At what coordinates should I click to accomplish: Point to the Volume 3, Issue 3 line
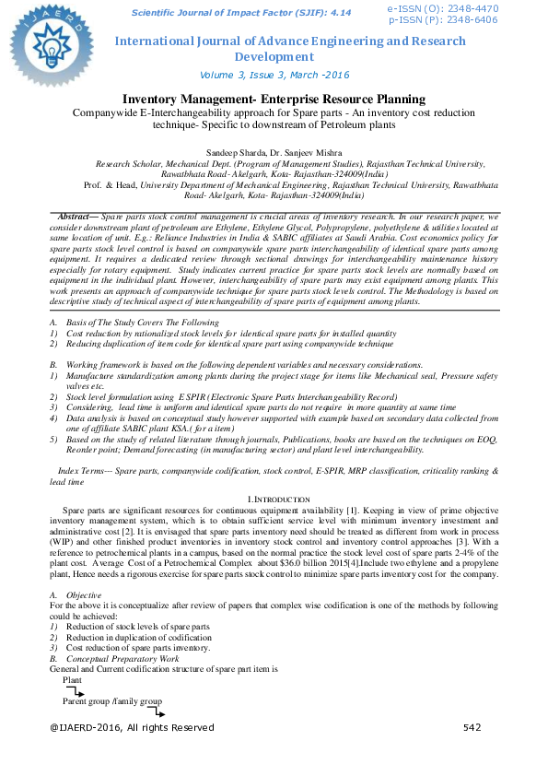(274, 75)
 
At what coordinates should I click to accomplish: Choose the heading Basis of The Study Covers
(143, 323)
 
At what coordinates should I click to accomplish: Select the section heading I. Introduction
(274, 499)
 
